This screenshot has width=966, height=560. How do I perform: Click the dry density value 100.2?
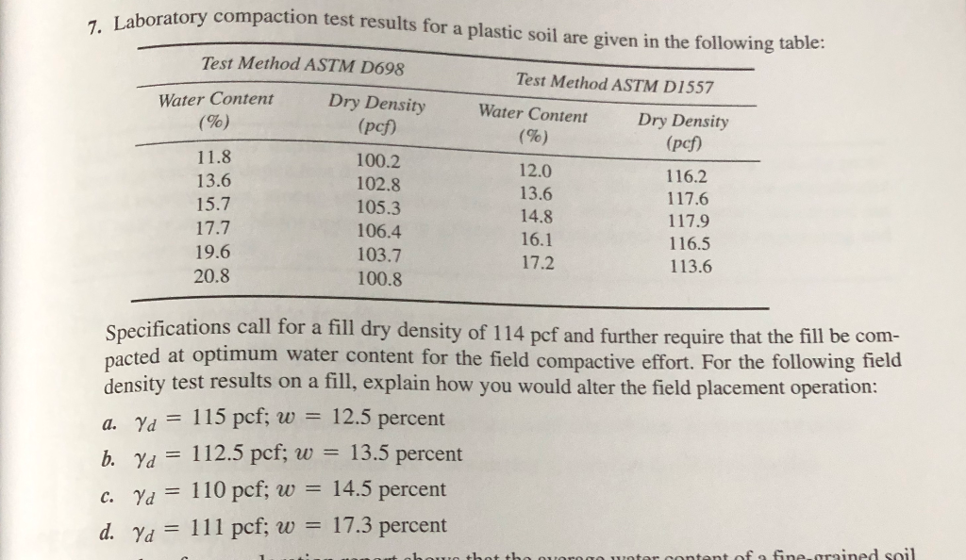pyautogui.click(x=378, y=161)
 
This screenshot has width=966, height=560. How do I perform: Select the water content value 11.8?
pyautogui.click(x=214, y=157)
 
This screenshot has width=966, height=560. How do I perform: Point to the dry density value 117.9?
pyautogui.click(x=689, y=222)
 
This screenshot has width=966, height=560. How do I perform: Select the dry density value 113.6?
pyautogui.click(x=690, y=267)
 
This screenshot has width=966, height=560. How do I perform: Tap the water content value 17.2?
pyautogui.click(x=537, y=264)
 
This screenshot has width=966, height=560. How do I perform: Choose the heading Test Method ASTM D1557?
pyautogui.click(x=615, y=83)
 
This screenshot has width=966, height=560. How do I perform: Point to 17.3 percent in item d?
pyautogui.click(x=389, y=525)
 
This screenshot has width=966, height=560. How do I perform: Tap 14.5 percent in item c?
pyautogui.click(x=389, y=489)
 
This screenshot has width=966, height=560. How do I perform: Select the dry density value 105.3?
pyautogui.click(x=378, y=208)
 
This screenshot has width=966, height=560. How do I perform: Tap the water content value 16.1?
pyautogui.click(x=537, y=240)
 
